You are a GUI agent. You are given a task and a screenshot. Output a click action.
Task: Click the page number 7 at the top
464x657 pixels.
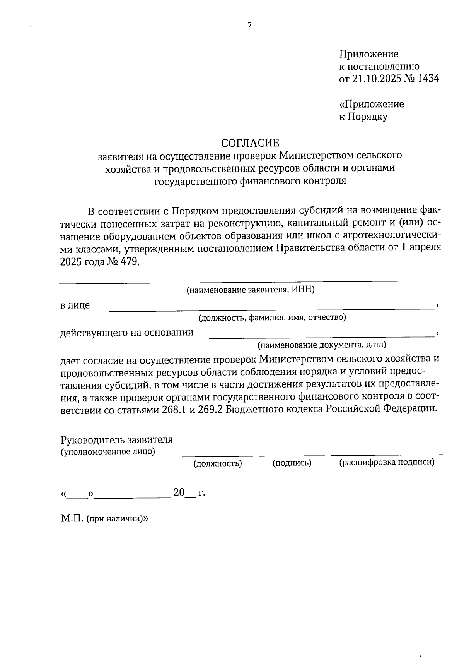[249, 25]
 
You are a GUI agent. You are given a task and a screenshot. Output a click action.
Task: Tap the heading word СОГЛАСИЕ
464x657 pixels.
[250, 143]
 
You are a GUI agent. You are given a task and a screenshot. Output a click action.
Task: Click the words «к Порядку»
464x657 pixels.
[363, 117]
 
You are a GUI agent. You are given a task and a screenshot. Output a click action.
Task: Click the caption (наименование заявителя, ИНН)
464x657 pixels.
[250, 290]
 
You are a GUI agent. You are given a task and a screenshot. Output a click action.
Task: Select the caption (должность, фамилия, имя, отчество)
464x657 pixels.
[272, 318]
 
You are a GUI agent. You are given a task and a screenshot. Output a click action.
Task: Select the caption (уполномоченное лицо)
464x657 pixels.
[108, 451]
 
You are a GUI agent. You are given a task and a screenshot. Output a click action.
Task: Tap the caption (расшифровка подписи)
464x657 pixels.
[387, 462]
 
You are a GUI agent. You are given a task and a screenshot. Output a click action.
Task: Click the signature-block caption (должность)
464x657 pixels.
[218, 463]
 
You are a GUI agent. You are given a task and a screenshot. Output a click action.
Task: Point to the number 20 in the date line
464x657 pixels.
[179, 492]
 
